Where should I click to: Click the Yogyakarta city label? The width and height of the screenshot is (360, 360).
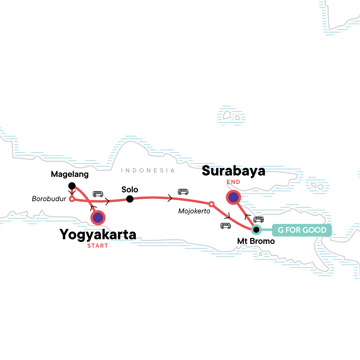click(x=98, y=235)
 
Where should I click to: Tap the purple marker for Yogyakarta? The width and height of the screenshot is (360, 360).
click(x=98, y=218)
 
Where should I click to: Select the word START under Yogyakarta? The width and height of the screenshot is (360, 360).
click(x=97, y=246)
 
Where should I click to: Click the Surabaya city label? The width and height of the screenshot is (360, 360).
click(x=233, y=171)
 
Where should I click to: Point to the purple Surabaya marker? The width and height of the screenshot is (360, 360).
click(x=233, y=197)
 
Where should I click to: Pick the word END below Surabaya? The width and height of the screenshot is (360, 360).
click(x=233, y=182)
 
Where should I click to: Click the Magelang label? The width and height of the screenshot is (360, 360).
click(x=70, y=174)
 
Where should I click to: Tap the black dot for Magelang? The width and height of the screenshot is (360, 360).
click(x=72, y=186)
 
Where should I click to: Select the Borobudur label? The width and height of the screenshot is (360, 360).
click(x=49, y=199)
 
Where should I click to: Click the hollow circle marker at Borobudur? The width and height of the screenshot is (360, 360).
click(x=72, y=199)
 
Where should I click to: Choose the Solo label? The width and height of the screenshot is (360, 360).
click(x=130, y=190)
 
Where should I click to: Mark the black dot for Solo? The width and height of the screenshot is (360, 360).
click(x=130, y=199)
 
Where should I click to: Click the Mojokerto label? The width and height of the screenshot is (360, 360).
click(x=194, y=211)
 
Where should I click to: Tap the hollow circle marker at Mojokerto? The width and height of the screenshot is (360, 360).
click(x=211, y=204)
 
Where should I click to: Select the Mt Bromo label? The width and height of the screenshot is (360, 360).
click(x=256, y=241)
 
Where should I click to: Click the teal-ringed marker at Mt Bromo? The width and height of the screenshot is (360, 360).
click(x=256, y=230)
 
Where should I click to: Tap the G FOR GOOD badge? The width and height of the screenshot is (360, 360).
click(x=302, y=230)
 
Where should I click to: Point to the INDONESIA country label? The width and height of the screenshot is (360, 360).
click(x=148, y=171)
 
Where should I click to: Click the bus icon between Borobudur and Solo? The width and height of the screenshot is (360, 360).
click(x=98, y=194)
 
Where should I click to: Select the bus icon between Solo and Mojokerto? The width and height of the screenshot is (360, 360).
click(x=183, y=192)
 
